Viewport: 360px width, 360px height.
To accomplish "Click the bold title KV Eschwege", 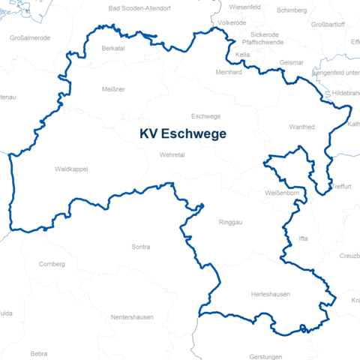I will (182, 133).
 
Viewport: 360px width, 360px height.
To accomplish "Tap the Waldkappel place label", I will (71, 169).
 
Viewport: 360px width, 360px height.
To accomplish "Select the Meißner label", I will (113, 89).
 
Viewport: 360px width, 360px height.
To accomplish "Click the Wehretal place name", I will (172, 155).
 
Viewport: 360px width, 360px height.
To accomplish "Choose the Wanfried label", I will (301, 127).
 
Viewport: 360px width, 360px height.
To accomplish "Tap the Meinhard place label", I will (229, 73).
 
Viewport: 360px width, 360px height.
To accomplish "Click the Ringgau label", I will (230, 223).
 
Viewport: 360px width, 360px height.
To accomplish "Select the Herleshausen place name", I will (270, 295).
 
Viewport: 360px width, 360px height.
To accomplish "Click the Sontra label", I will (140, 247).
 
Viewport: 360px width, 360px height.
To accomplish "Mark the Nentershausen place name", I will (132, 317).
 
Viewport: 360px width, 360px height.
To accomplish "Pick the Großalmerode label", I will (30, 37).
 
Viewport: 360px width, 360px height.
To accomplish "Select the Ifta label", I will (303, 238).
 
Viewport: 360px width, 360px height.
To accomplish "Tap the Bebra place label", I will (39, 352).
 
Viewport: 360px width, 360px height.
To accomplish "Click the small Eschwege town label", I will (206, 116).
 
